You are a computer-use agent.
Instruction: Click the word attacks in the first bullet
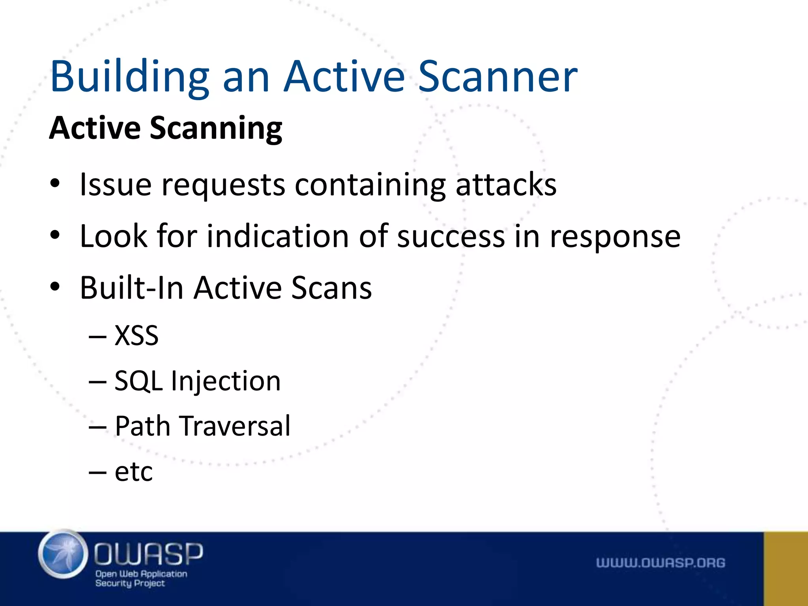click(506, 184)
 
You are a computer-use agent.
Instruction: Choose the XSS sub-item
click(137, 335)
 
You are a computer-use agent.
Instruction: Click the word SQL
click(138, 381)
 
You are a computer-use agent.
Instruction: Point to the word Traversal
click(236, 426)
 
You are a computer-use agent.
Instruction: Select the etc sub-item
click(133, 471)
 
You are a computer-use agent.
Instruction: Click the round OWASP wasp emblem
click(63, 554)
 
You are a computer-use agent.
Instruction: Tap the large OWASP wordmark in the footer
click(148, 553)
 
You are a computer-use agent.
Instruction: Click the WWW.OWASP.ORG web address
click(660, 563)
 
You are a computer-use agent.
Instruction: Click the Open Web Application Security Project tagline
click(141, 578)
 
